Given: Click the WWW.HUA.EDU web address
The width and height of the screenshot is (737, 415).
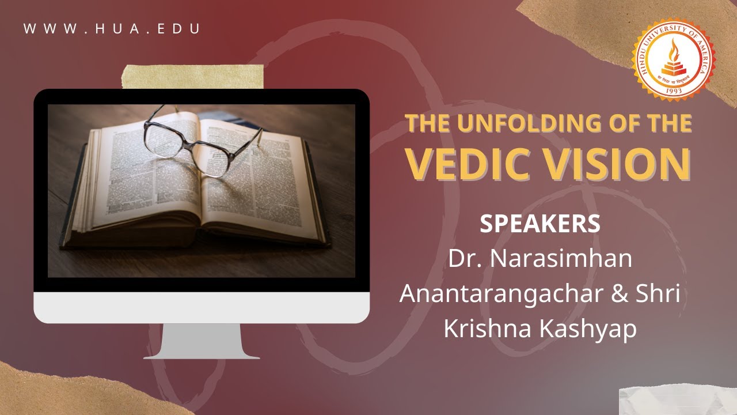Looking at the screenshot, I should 112,29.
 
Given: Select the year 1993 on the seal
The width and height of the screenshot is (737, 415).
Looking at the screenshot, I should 674,90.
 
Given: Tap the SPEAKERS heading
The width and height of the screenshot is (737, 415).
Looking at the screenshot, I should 540,224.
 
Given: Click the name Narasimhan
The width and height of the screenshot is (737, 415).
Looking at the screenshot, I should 561,259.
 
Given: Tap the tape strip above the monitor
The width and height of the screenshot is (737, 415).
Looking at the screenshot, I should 193,77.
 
